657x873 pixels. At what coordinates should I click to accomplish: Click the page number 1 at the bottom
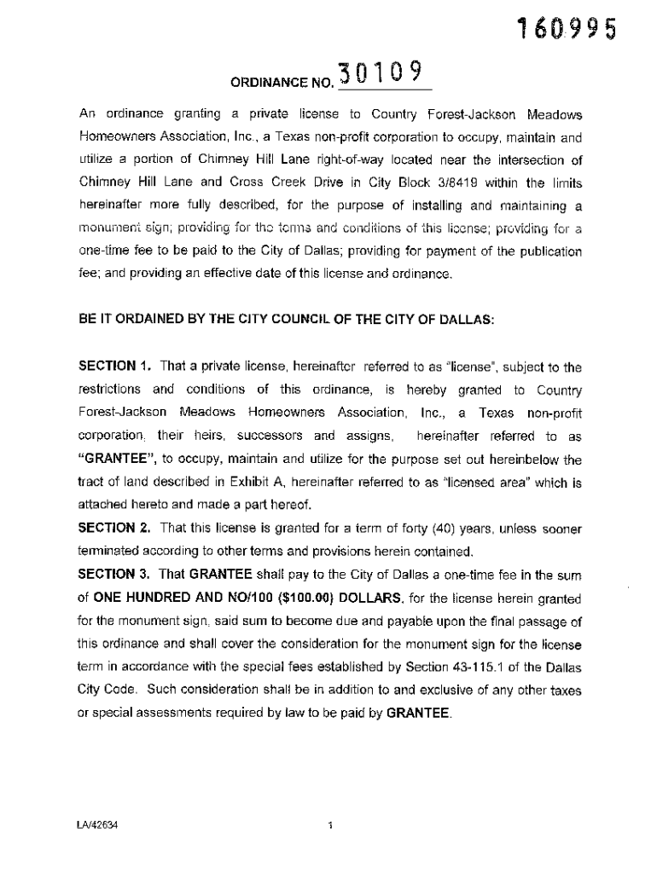pos(329,825)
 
